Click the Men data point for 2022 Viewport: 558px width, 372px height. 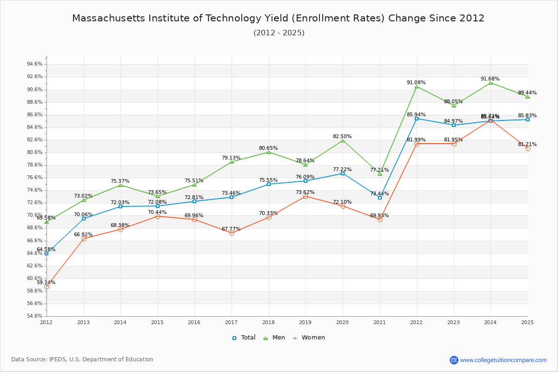click(x=417, y=86)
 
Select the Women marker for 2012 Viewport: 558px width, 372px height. click(x=46, y=286)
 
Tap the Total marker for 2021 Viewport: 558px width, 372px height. click(x=380, y=198)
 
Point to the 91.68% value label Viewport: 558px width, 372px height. click(x=490, y=79)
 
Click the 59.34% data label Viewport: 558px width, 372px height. click(x=46, y=282)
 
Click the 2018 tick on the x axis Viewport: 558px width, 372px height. click(x=268, y=322)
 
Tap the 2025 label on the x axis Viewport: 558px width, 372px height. click(x=527, y=322)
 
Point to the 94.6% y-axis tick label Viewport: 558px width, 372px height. click(x=35, y=64)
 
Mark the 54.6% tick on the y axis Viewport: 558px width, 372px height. click(x=35, y=316)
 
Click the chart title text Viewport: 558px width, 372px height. click(x=278, y=18)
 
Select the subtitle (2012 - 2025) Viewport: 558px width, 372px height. click(x=279, y=33)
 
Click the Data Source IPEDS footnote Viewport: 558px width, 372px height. click(x=82, y=359)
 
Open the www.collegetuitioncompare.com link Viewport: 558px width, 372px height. click(x=503, y=360)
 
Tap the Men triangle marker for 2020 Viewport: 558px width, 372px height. click(x=343, y=140)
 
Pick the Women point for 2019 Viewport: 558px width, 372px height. click(x=306, y=197)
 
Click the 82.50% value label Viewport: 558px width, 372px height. click(x=342, y=136)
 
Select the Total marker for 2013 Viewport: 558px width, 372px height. click(x=84, y=219)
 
